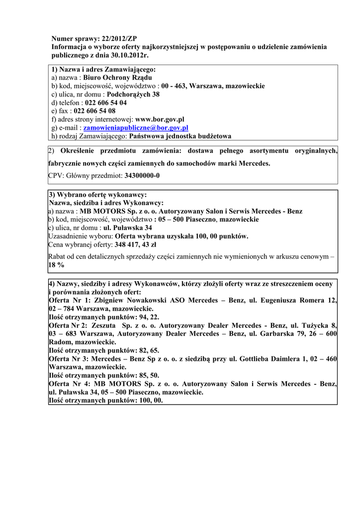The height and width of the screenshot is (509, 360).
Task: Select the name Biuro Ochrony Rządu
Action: (118, 78)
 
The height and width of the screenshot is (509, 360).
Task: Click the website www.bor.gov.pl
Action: (160, 119)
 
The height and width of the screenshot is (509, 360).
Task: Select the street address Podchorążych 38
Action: (133, 94)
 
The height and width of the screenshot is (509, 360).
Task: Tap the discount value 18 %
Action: (56, 265)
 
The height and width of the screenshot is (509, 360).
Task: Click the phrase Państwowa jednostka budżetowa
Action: (180, 136)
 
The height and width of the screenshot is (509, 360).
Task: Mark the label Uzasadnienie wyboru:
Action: (81, 236)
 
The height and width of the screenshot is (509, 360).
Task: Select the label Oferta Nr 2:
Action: (70, 325)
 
